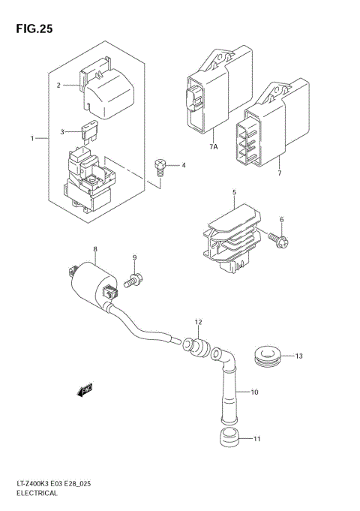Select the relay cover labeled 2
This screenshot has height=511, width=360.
click(x=105, y=92)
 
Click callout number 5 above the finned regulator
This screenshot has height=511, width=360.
click(x=234, y=192)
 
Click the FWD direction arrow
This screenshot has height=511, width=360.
click(x=84, y=390)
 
